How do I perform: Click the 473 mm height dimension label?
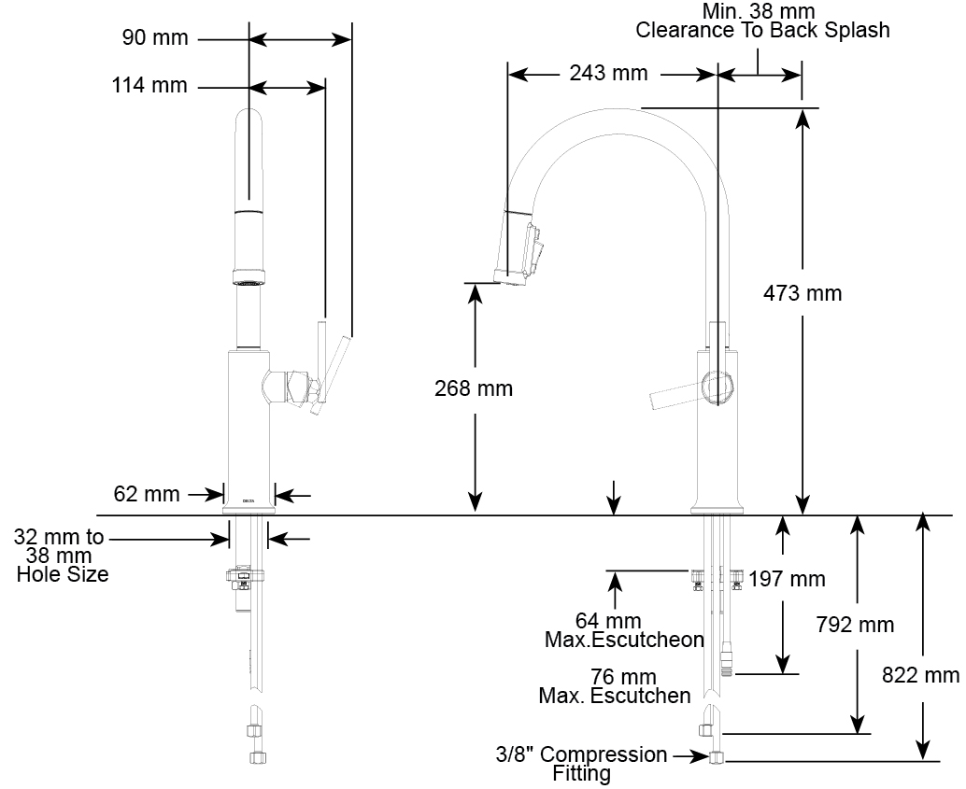tap(803, 292)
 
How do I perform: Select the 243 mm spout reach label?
tap(608, 73)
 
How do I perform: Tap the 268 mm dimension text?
tap(473, 388)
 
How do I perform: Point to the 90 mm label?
tap(155, 37)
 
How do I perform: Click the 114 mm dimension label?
tap(149, 85)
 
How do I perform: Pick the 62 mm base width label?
tap(147, 493)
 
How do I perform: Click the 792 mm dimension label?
tap(855, 625)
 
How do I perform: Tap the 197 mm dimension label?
tap(787, 579)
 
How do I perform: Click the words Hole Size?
tap(63, 574)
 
